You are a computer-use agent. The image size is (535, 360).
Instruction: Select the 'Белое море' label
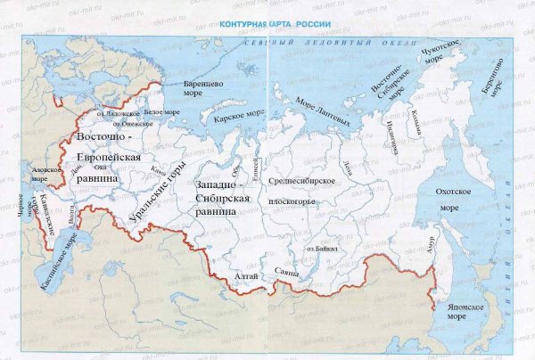click(x=161, y=113)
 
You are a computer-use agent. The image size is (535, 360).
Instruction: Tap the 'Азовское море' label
click(x=40, y=173)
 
